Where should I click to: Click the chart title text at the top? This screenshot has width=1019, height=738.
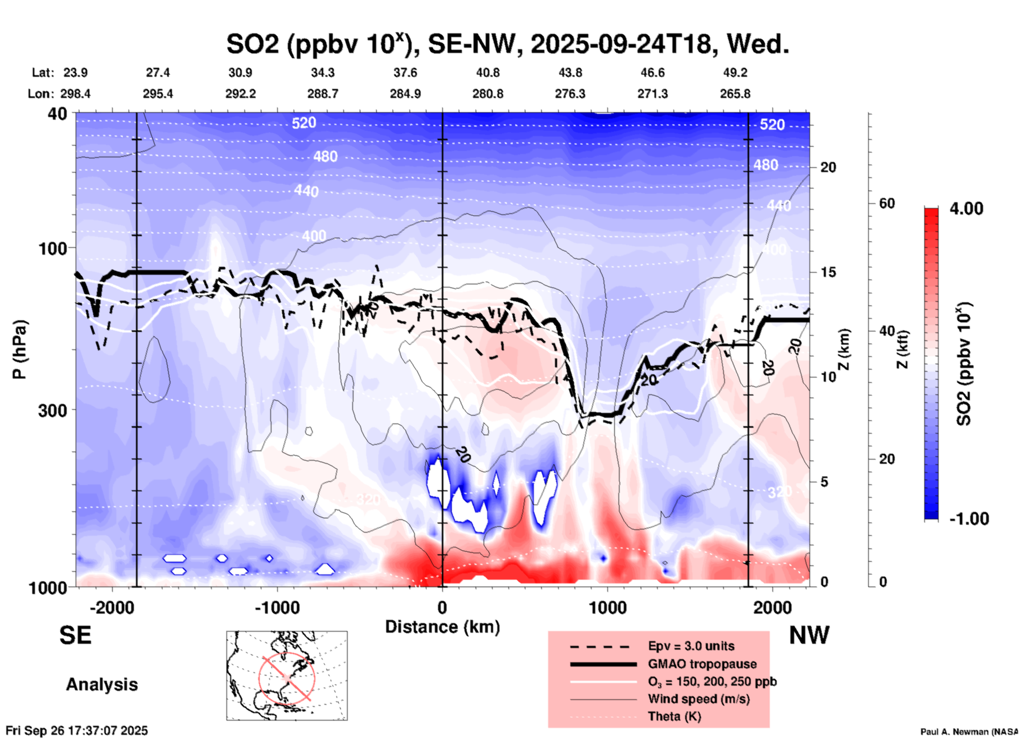(x=507, y=44)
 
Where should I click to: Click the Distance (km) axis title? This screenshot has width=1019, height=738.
(x=442, y=627)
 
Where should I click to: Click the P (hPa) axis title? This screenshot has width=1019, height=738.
(x=20, y=349)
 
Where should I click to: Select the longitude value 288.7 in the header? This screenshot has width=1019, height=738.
(x=323, y=94)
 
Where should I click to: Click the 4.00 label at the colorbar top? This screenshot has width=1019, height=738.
(x=966, y=209)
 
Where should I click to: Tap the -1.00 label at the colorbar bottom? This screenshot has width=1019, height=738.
(x=969, y=519)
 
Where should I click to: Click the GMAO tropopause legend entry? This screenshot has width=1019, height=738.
(x=702, y=664)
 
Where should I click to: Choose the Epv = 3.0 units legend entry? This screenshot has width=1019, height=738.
(x=691, y=646)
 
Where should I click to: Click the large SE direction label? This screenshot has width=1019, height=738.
(x=75, y=635)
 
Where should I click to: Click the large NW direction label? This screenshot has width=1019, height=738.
(x=809, y=635)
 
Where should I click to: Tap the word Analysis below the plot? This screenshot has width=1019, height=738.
(x=102, y=685)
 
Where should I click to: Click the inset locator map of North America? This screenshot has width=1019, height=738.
(x=287, y=676)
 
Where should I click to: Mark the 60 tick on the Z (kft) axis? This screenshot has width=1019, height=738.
(x=887, y=204)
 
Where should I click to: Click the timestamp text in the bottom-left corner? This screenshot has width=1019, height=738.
(x=77, y=731)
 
